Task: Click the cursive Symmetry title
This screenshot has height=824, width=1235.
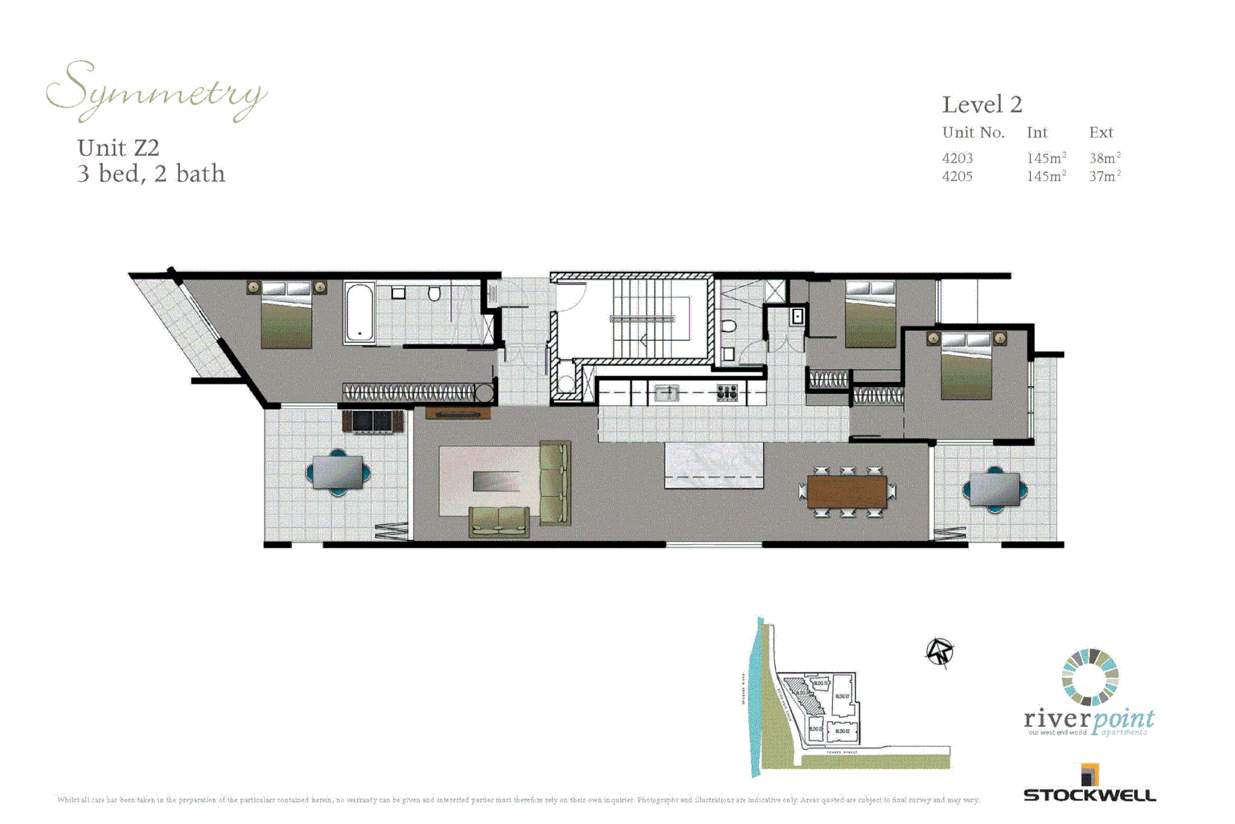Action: [156, 92]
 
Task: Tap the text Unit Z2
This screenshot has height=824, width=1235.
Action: [118, 147]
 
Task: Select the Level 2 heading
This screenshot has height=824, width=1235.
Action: [982, 105]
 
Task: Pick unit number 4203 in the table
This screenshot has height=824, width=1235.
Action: [957, 158]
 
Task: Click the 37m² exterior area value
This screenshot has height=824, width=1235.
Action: [1105, 176]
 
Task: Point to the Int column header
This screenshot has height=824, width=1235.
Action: [1037, 133]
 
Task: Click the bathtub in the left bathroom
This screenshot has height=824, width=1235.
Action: [359, 312]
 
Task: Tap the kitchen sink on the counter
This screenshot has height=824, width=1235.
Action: [666, 393]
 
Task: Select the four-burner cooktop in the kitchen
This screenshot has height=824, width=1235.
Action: [727, 393]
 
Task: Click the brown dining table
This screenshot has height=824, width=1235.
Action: [847, 492]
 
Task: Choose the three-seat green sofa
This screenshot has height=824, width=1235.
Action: [555, 482]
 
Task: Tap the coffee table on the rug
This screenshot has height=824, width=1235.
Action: [496, 481]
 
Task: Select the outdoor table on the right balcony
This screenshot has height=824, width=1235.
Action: [995, 489]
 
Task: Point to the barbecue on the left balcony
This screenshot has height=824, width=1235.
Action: [372, 420]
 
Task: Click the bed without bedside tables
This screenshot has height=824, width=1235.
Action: [870, 314]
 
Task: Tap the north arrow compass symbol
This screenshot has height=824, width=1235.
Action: [940, 652]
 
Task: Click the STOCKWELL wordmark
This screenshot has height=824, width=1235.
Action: [1089, 795]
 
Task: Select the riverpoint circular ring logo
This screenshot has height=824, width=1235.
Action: [1090, 677]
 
